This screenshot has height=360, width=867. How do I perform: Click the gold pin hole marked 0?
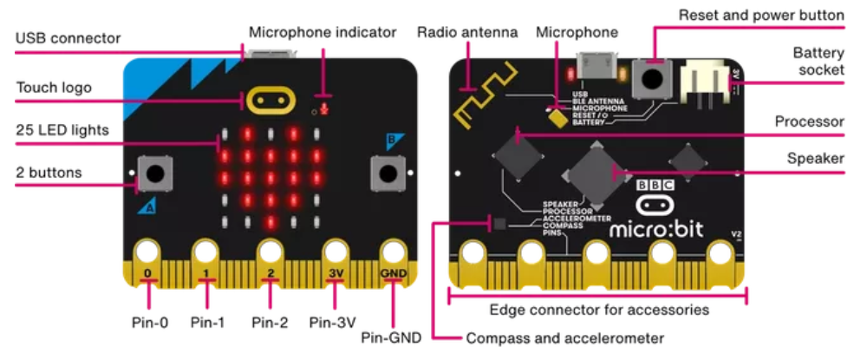point(148,252)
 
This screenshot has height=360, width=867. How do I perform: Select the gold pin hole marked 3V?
point(336,252)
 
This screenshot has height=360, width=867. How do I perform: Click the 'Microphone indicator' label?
point(323,33)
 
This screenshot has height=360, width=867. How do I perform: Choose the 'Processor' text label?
point(810,122)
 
